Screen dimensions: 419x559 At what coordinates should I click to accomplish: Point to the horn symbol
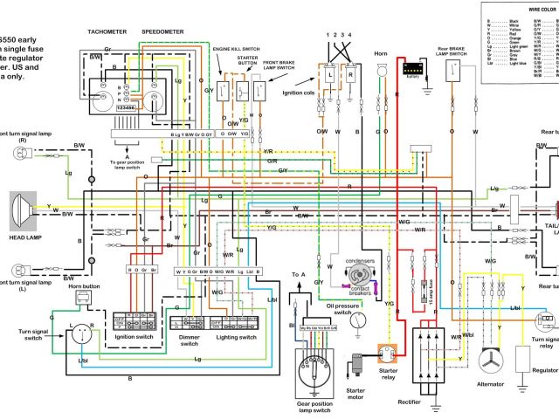(x=380, y=66)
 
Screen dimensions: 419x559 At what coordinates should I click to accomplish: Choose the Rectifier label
(x=431, y=402)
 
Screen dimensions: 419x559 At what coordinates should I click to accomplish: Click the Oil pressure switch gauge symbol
(x=358, y=319)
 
